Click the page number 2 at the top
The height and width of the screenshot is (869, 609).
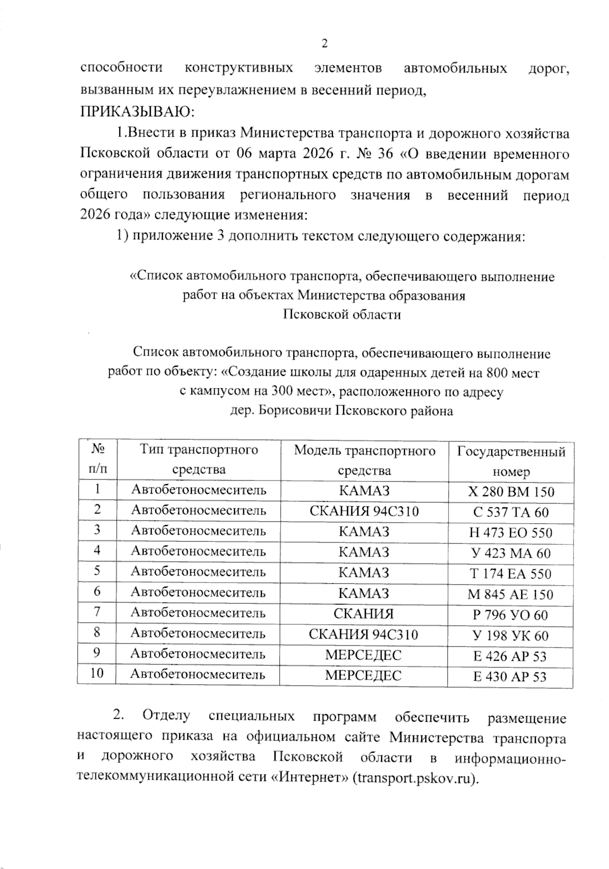[325, 44]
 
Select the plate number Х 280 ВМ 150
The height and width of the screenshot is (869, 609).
[511, 492]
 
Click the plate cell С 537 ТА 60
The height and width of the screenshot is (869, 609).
[511, 512]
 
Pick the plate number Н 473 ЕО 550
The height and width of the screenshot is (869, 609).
[511, 533]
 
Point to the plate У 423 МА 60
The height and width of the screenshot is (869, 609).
[511, 553]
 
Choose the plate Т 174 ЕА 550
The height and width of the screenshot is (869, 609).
[511, 574]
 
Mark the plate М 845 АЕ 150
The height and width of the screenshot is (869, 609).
[511, 595]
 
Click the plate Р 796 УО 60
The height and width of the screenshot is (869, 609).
[511, 615]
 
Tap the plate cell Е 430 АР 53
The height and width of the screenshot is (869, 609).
[511, 677]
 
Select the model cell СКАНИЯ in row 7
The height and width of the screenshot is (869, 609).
[364, 614]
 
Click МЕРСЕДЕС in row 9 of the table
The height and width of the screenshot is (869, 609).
[363, 655]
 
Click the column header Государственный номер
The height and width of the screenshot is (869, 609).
[511, 461]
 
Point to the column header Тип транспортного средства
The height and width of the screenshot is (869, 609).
[199, 459]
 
